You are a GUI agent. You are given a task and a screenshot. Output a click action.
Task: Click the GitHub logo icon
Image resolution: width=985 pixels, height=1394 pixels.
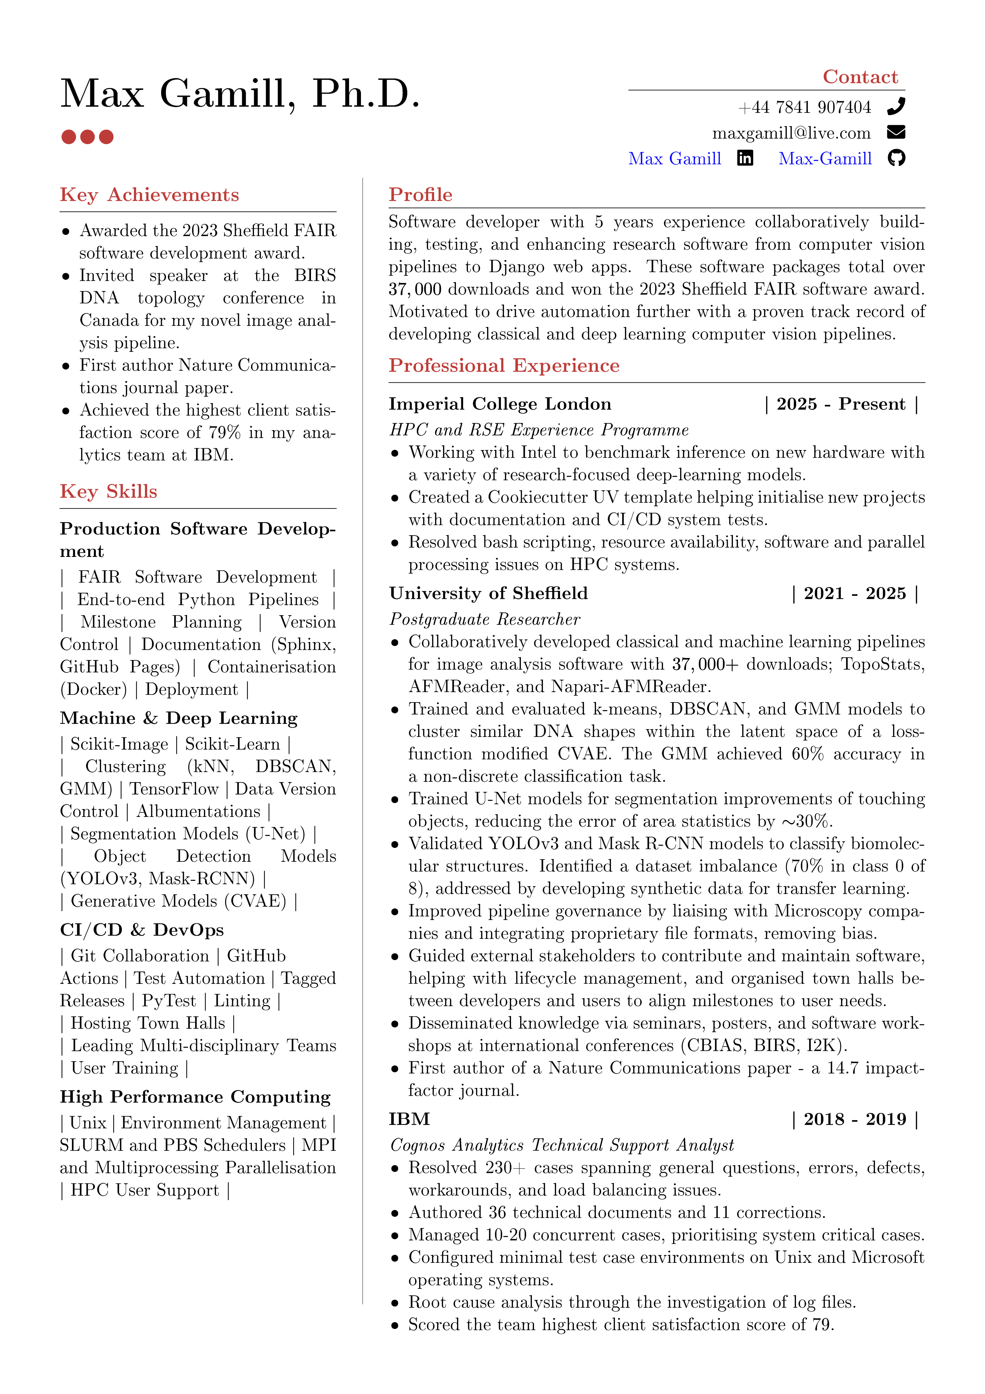click(896, 158)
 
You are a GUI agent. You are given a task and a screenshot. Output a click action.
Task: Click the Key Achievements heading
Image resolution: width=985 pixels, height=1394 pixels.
click(149, 195)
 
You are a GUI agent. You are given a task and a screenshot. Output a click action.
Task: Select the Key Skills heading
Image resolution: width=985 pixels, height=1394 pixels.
click(109, 491)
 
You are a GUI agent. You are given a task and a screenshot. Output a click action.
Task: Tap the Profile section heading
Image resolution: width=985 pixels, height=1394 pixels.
click(421, 195)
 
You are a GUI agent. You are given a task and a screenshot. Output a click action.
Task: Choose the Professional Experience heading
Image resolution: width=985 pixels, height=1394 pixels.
click(504, 365)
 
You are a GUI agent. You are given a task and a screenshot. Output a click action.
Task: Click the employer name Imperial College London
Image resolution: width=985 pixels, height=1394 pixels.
click(500, 404)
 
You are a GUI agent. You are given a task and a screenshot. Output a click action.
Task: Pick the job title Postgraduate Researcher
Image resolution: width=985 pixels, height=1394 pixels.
click(484, 619)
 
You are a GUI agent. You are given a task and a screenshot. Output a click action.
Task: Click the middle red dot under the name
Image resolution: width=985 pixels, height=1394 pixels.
click(87, 137)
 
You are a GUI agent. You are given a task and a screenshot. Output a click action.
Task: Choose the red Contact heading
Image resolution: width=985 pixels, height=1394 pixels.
click(860, 77)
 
